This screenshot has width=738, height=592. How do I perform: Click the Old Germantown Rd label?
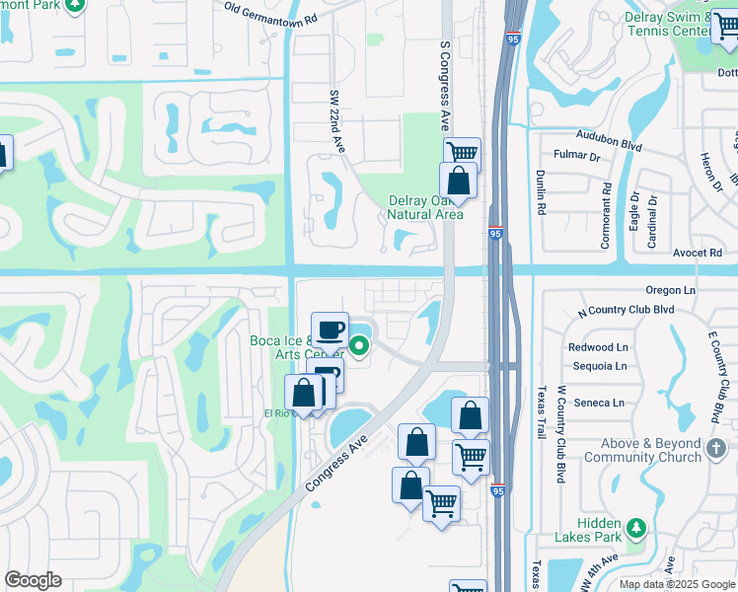(270, 13)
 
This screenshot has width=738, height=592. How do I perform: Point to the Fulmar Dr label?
(577, 155)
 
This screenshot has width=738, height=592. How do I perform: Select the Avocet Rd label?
(697, 254)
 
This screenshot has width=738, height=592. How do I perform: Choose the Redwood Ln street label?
(598, 347)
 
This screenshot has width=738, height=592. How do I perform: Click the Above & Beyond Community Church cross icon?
(716, 450)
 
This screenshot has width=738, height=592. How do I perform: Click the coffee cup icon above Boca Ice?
(330, 329)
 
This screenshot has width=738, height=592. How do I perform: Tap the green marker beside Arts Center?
(359, 346)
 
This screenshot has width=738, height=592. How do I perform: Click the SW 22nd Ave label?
(335, 121)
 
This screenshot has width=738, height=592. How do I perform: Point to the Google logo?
(33, 580)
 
